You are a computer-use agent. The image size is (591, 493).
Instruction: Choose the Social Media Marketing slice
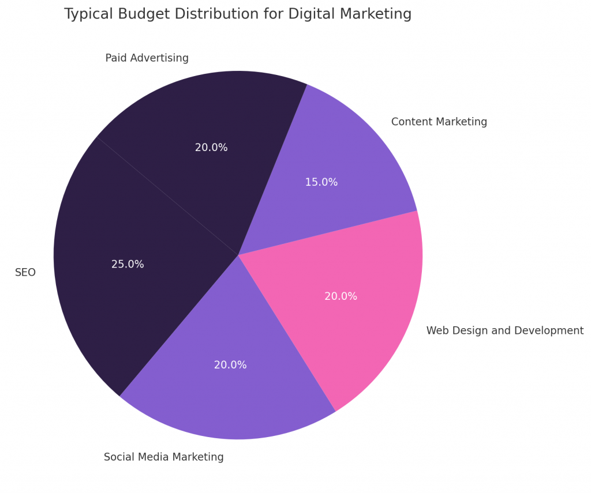[x=231, y=386]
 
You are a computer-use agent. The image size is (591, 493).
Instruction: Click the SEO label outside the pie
[x=25, y=273]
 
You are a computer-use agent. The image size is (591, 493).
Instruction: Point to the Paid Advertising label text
[x=147, y=58]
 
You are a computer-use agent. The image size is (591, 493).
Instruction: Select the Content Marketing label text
[x=439, y=122]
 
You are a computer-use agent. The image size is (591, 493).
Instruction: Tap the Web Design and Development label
[x=504, y=331]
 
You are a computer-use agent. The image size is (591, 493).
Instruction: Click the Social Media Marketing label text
[x=163, y=457]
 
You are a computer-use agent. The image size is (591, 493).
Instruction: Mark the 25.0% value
[x=128, y=265]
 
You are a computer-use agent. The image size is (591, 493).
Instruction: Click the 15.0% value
[x=321, y=182]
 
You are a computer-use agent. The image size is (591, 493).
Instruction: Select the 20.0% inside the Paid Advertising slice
[x=211, y=148]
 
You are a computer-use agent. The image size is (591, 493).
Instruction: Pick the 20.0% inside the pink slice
[x=341, y=296]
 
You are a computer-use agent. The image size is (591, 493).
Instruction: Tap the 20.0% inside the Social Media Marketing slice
[x=230, y=365]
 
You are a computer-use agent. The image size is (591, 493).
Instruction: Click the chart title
[x=238, y=14]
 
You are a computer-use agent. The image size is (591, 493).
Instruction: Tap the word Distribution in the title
[x=210, y=14]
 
